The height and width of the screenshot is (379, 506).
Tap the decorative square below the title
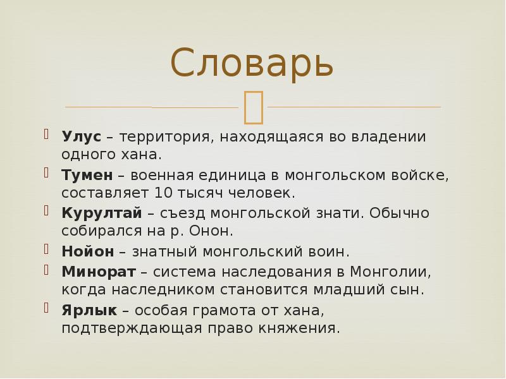coord(253,106)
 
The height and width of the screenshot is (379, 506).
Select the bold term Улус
coord(82,136)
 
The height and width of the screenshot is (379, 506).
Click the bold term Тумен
coord(87,175)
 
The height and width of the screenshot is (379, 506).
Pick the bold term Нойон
coord(87,251)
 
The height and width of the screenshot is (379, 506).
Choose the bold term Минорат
coord(98,272)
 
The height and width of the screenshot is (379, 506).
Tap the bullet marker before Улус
coord(47,134)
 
